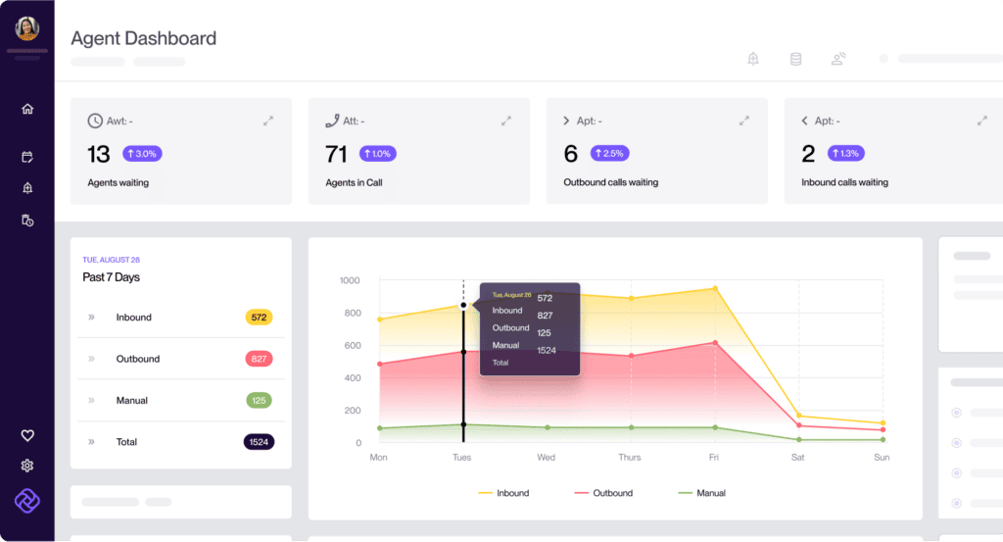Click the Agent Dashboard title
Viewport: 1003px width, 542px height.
click(x=143, y=38)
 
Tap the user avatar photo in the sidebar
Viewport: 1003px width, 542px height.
click(x=26, y=28)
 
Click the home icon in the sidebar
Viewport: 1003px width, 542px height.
click(x=27, y=109)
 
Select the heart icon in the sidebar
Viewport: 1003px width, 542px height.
click(x=27, y=436)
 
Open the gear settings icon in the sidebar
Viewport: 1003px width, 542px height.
click(x=26, y=466)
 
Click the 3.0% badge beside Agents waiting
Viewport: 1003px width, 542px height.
click(x=142, y=154)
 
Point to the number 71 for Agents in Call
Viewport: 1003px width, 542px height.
click(x=336, y=154)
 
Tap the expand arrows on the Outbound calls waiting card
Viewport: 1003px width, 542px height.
click(x=744, y=121)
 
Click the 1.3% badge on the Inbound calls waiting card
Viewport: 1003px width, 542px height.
click(x=845, y=154)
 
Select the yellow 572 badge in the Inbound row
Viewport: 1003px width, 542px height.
click(x=259, y=318)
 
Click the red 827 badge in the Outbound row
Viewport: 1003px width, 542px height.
click(x=259, y=359)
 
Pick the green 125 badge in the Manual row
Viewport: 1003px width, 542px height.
click(x=259, y=401)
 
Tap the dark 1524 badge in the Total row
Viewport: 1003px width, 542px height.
click(x=259, y=442)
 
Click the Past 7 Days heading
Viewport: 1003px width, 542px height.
click(x=112, y=277)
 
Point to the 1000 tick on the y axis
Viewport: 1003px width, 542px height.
click(x=350, y=280)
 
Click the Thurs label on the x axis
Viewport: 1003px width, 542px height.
click(x=630, y=457)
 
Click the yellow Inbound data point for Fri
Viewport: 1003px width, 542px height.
click(x=715, y=288)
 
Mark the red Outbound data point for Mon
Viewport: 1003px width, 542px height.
click(x=380, y=364)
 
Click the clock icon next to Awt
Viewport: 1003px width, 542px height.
click(x=95, y=121)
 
